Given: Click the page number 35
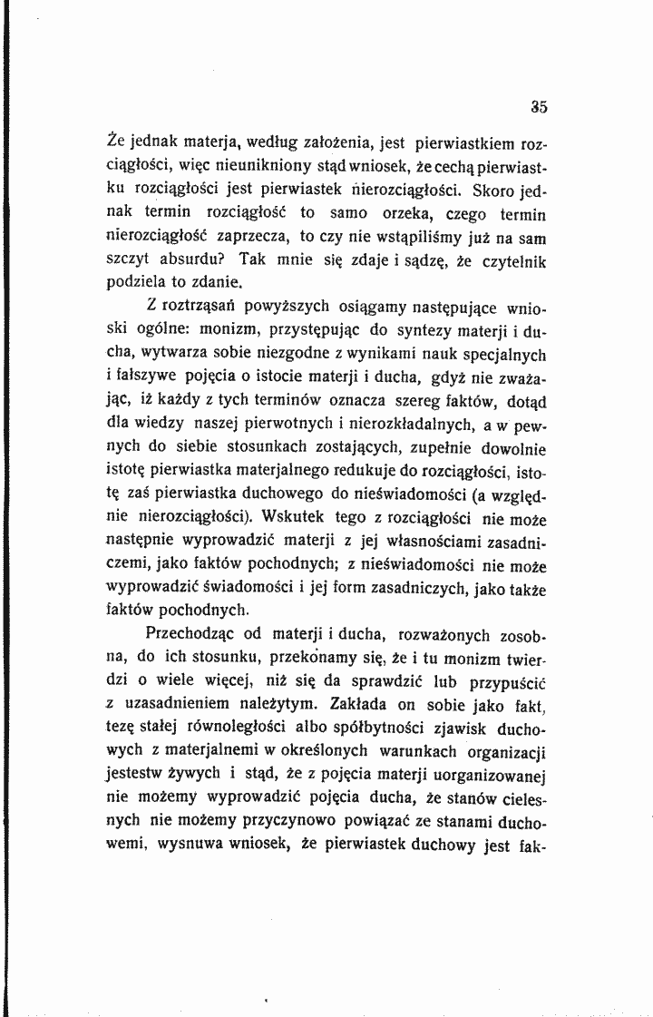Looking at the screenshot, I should (539, 106).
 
